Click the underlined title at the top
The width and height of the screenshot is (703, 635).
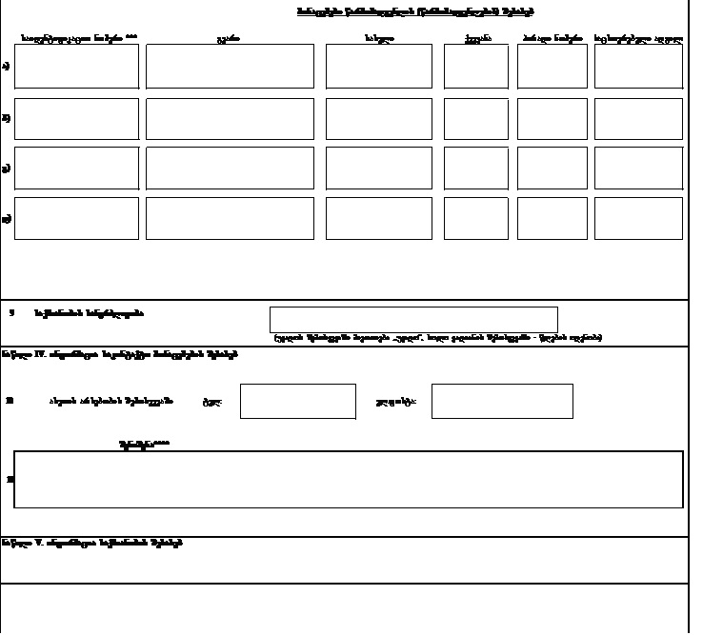pyautogui.click(x=415, y=11)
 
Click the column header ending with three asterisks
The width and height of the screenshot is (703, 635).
pyautogui.click(x=78, y=39)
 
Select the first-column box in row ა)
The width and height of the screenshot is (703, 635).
pyautogui.click(x=77, y=66)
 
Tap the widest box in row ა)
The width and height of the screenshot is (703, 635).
pyautogui.click(x=230, y=66)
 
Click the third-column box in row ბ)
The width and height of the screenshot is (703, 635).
pyautogui.click(x=378, y=118)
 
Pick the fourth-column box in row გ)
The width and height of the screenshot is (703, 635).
pyautogui.click(x=475, y=168)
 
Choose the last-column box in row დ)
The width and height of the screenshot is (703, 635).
pyautogui.click(x=638, y=218)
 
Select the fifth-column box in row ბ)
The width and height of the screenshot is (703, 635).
pyautogui.click(x=552, y=118)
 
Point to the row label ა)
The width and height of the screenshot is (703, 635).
pyautogui.click(x=7, y=66)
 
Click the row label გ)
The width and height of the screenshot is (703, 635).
pyautogui.click(x=7, y=169)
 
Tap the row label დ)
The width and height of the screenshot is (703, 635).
pyautogui.click(x=7, y=219)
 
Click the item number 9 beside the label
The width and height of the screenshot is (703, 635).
pyautogui.click(x=11, y=312)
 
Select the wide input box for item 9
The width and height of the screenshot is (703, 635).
pyautogui.click(x=413, y=319)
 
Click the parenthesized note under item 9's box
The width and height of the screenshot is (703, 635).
pyautogui.click(x=437, y=337)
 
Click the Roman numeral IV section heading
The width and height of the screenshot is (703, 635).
pyautogui.click(x=119, y=354)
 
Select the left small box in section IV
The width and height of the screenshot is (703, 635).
pyautogui.click(x=297, y=401)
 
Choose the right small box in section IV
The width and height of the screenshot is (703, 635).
pyautogui.click(x=502, y=401)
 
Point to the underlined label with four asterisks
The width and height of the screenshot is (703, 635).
pyautogui.click(x=144, y=444)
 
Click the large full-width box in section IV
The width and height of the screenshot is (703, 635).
pyautogui.click(x=349, y=479)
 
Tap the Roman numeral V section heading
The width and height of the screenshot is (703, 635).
pyautogui.click(x=92, y=544)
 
